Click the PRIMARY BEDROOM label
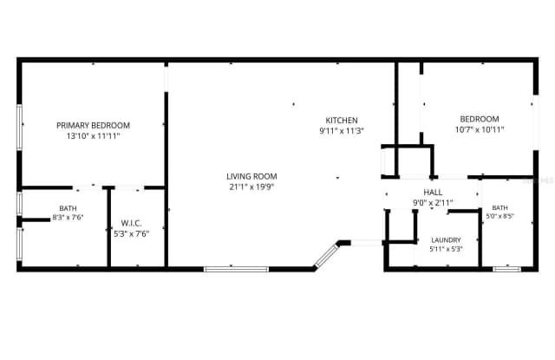(93, 125)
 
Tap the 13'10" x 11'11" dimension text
(94, 136)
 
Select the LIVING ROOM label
(251, 176)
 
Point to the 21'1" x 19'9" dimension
(251, 187)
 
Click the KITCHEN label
(342, 121)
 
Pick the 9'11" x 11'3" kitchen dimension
(342, 131)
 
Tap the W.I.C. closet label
(131, 223)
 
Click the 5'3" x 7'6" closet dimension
(131, 234)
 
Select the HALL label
(433, 193)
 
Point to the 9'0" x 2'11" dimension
(433, 203)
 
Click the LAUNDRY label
(446, 240)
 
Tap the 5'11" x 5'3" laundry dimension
(446, 249)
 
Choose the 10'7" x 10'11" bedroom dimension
(480, 129)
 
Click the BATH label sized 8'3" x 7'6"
(68, 208)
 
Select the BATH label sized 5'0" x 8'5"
(499, 208)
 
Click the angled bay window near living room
(326, 254)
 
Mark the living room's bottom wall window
(236, 270)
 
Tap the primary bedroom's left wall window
(19, 127)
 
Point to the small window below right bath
(506, 270)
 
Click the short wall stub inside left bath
(36, 220)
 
